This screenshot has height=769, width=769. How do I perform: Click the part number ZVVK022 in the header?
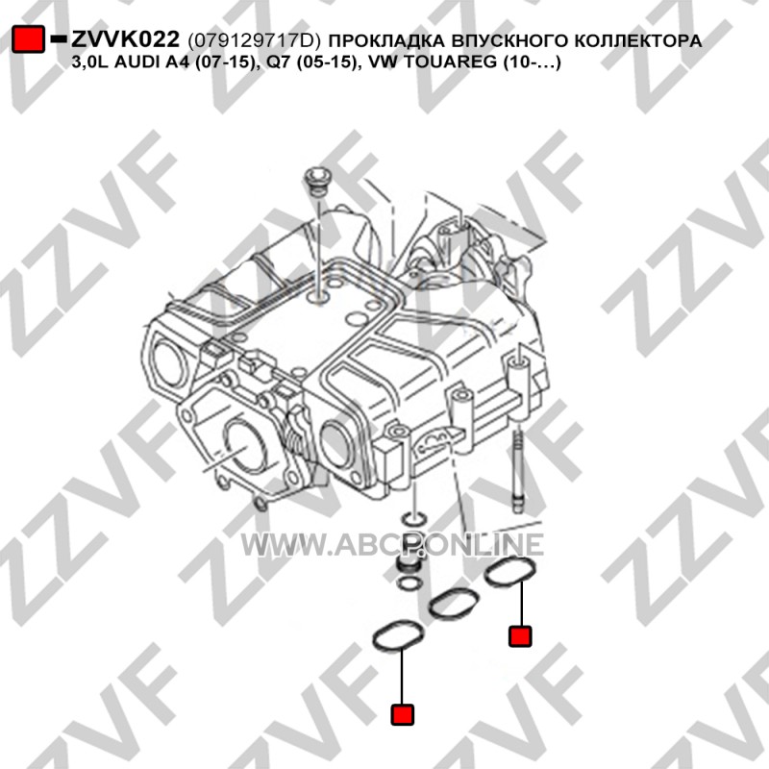pyautogui.click(x=126, y=39)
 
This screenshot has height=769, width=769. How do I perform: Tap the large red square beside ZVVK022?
pyautogui.click(x=28, y=38)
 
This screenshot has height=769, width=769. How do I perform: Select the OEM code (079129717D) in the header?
pyautogui.click(x=254, y=40)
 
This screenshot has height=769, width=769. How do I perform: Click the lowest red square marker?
pyautogui.click(x=402, y=714)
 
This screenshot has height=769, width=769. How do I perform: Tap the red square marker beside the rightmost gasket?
pyautogui.click(x=520, y=636)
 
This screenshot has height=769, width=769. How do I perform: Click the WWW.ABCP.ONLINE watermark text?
pyautogui.click(x=392, y=544)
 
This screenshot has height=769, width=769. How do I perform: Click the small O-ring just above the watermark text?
pyautogui.click(x=413, y=518)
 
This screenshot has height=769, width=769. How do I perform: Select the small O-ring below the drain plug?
pyautogui.click(x=408, y=583)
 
